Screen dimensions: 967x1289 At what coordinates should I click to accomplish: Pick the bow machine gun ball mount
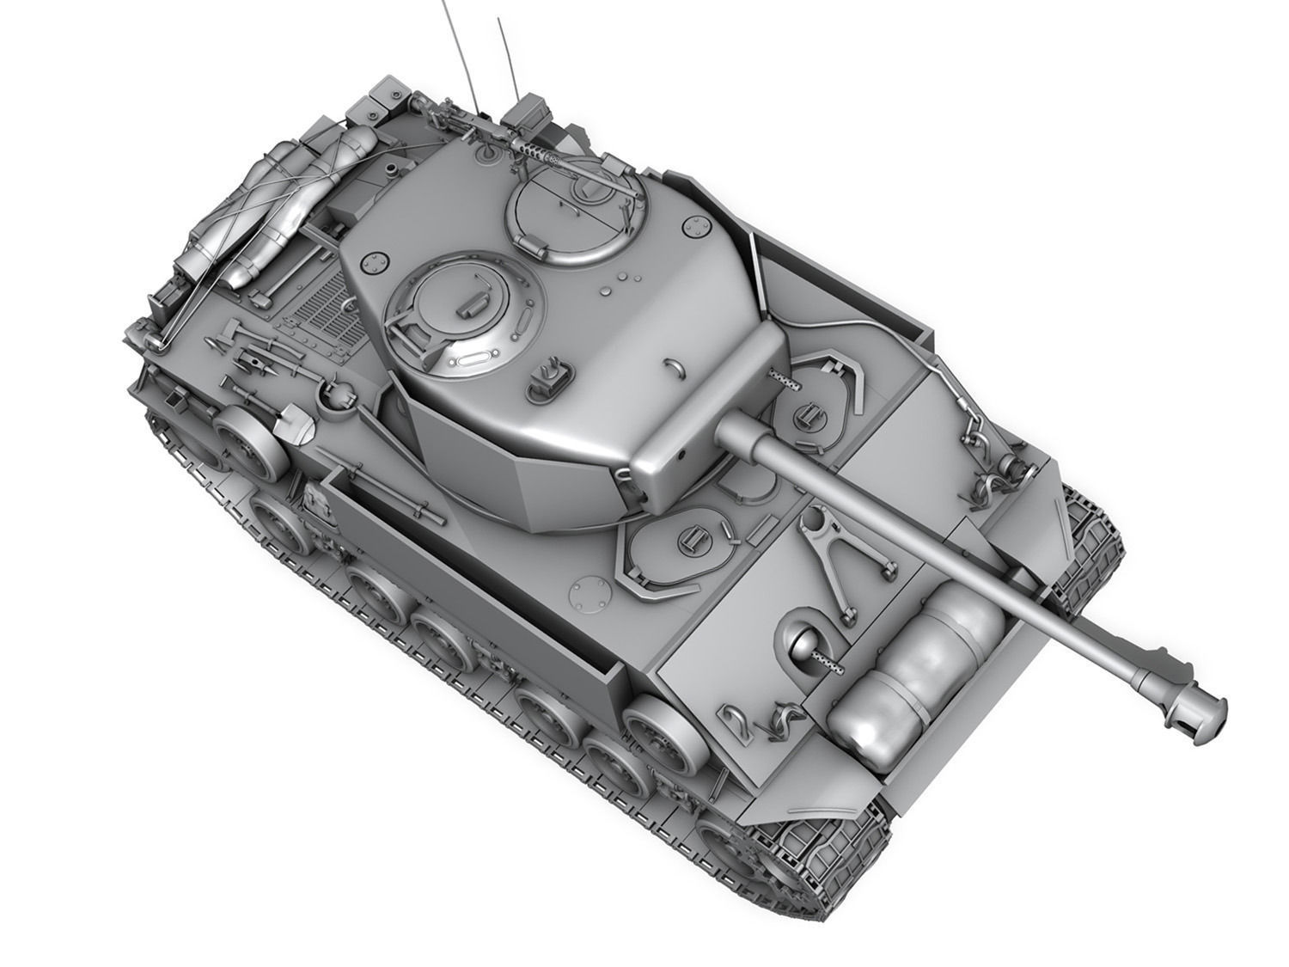click(x=803, y=646)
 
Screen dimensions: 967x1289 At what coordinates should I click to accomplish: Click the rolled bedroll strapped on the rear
click(x=249, y=215)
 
